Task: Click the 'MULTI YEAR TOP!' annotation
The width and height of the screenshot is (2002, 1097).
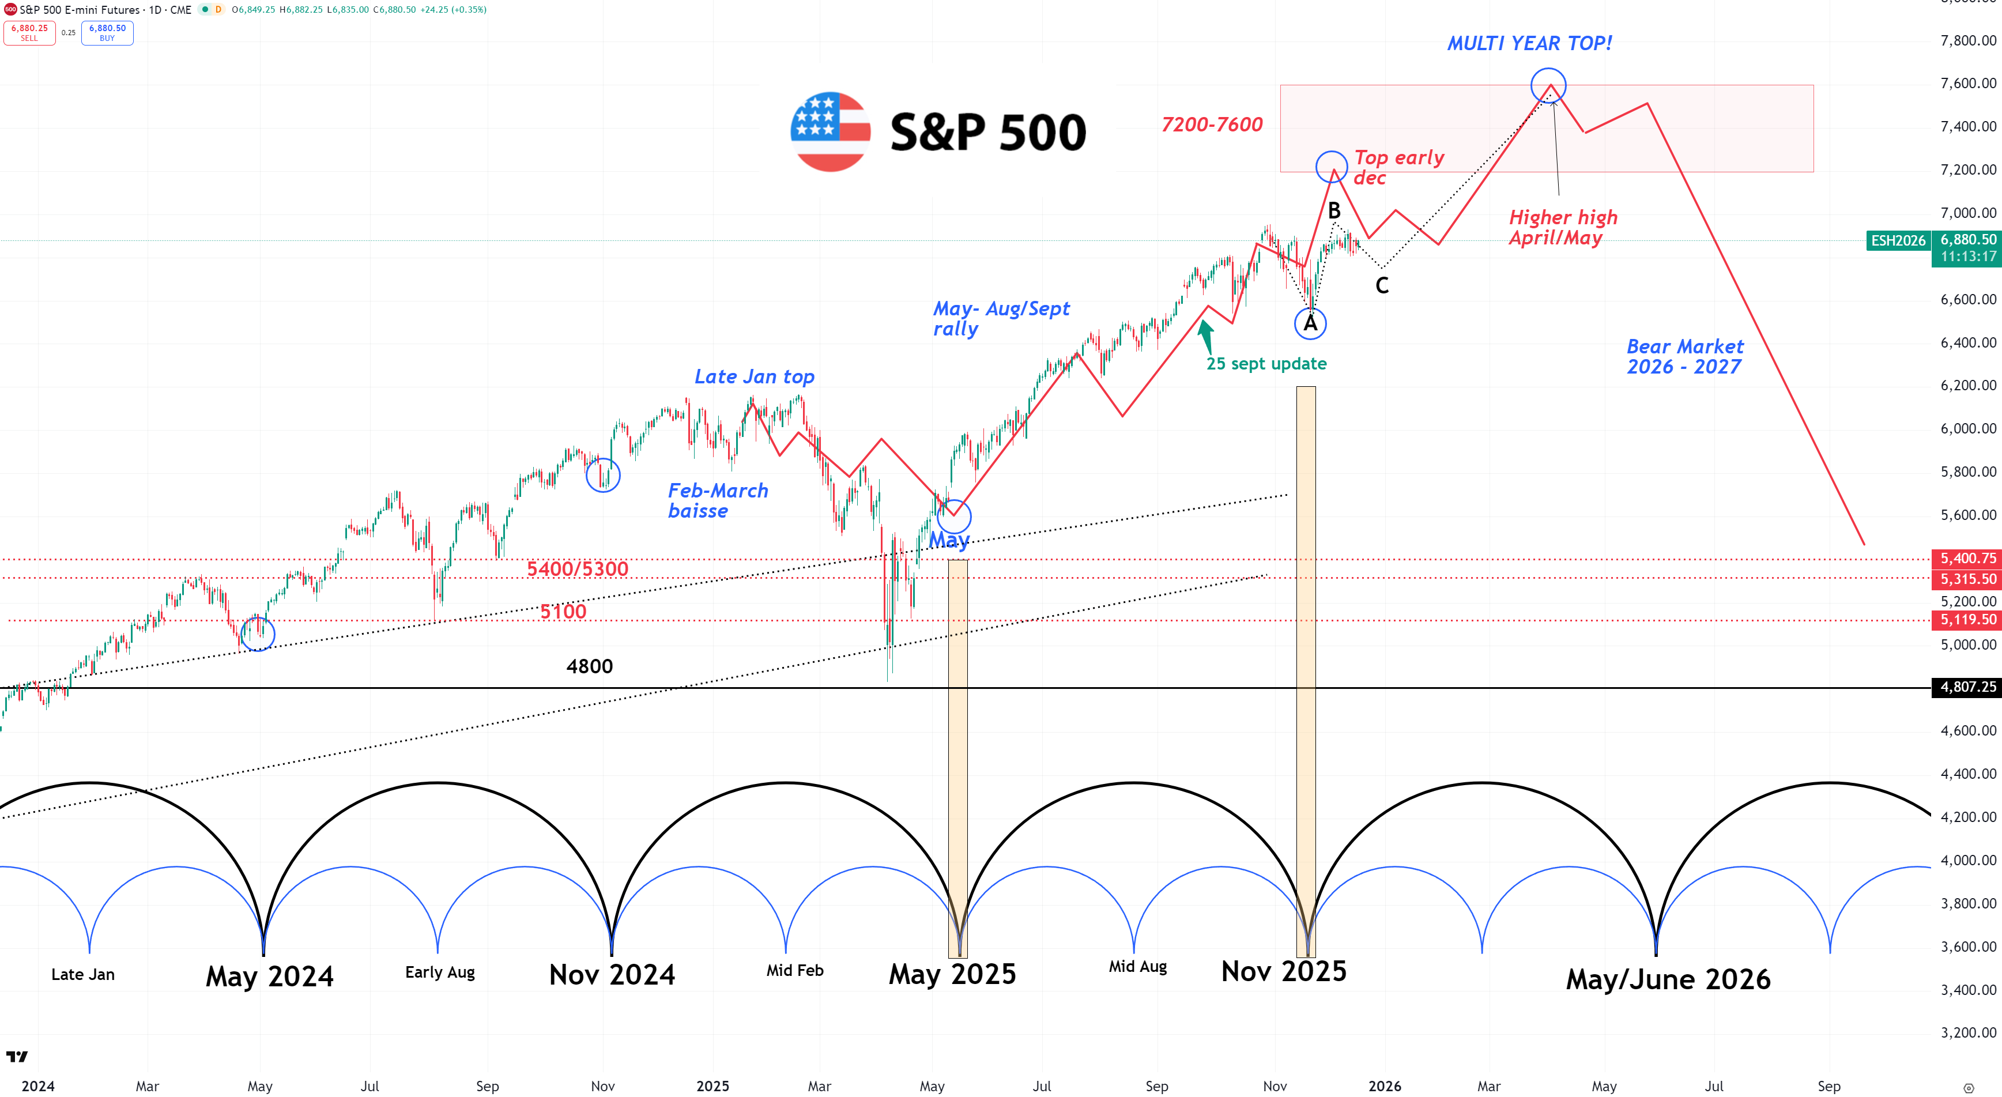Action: (x=1529, y=44)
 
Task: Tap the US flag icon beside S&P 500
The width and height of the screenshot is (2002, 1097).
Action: (x=830, y=131)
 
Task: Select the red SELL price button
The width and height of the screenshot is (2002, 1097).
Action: (x=29, y=33)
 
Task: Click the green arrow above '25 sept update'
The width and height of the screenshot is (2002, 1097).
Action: (x=1205, y=336)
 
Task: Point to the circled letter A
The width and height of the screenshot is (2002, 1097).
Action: (x=1310, y=323)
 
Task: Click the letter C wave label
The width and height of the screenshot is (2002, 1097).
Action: (x=1382, y=286)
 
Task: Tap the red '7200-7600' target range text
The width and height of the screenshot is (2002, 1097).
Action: (x=1212, y=125)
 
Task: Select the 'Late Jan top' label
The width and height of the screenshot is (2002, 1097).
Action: (x=754, y=377)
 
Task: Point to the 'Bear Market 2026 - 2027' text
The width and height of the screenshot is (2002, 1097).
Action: (x=1685, y=357)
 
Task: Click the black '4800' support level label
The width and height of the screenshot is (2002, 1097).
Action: (x=589, y=666)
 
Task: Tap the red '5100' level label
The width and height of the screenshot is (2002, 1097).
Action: (x=563, y=612)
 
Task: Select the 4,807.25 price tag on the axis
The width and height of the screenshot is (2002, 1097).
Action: (x=1967, y=687)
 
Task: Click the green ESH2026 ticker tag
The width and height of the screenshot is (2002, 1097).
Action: (x=1898, y=241)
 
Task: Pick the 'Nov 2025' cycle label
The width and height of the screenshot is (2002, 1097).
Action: (x=1283, y=972)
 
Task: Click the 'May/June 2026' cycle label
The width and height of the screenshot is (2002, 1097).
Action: (x=1668, y=979)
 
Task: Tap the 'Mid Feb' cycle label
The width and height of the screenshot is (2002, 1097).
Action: (x=794, y=970)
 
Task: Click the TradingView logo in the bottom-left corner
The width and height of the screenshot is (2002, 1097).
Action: (x=16, y=1057)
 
